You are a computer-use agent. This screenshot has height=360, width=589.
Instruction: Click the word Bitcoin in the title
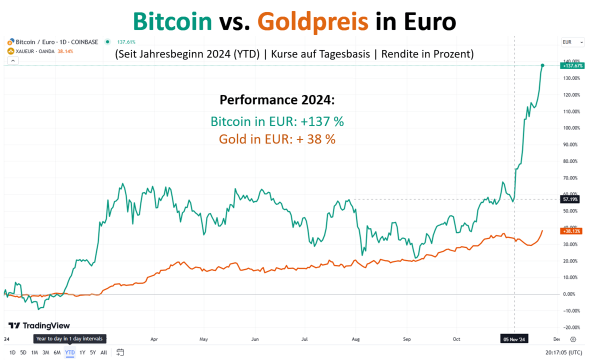pos(172,22)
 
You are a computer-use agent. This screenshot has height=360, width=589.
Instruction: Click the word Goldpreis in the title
pos(312,22)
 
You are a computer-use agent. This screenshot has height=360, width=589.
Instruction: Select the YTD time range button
pos(70,352)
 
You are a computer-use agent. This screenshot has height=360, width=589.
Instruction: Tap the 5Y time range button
pos(92,352)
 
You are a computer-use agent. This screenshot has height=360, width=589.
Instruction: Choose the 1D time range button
pos(12,352)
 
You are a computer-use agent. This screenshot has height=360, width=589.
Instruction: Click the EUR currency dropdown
pos(572,42)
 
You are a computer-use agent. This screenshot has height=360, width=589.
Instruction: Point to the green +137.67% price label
pos(572,66)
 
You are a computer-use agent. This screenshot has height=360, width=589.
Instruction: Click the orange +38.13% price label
pos(571,231)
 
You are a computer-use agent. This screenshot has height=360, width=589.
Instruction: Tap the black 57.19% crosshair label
pos(570,199)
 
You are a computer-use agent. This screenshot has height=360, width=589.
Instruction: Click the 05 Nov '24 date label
pos(514,339)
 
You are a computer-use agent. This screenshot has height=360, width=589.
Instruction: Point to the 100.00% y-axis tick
pos(570,128)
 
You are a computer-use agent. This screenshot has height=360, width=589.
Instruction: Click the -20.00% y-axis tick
pos(570,327)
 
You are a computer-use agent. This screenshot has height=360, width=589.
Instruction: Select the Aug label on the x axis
pos(355,339)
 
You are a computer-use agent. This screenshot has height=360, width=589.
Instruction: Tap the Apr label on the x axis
pos(154,339)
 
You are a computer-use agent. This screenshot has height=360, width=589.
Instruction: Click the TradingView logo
pos(39,326)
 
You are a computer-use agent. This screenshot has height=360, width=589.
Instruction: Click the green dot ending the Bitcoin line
pos(542,65)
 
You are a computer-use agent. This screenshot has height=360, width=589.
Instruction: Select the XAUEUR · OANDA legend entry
pos(34,51)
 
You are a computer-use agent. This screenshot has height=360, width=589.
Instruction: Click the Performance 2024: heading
pos(277,100)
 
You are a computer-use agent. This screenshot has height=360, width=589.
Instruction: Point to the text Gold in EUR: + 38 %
pos(277,139)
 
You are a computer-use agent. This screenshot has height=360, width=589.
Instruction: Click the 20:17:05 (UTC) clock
pos(563,352)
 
